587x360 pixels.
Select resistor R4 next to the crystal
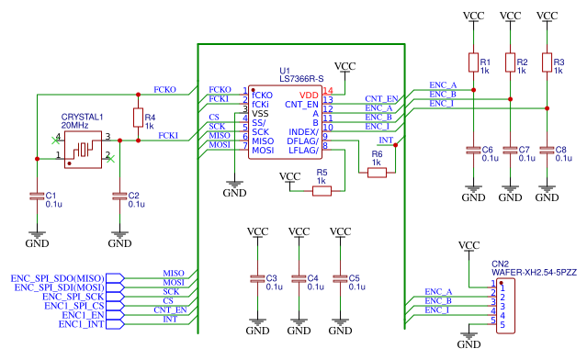click(x=138, y=117)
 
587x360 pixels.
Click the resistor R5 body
click(x=322, y=191)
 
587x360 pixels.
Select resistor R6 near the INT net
click(x=377, y=173)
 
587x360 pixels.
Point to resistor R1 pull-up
click(x=473, y=63)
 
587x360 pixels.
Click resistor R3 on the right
click(x=547, y=63)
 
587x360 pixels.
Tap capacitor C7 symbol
click(x=510, y=149)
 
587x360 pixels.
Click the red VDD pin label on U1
click(x=310, y=95)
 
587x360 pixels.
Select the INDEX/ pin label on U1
click(x=304, y=131)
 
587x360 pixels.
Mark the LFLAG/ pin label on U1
click(x=302, y=150)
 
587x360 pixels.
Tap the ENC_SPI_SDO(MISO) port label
click(x=58, y=276)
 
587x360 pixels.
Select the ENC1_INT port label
click(x=82, y=323)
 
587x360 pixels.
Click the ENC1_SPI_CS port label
click(x=73, y=305)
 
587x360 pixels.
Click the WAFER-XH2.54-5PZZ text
click(x=534, y=274)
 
